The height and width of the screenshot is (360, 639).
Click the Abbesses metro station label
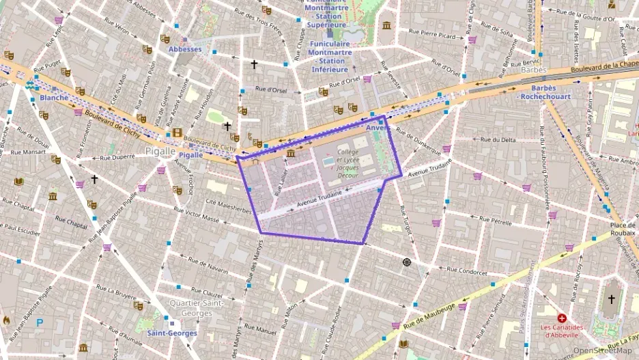click(x=185, y=49)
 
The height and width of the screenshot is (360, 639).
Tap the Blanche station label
click(x=54, y=98)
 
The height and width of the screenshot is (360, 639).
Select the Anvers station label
click(x=378, y=128)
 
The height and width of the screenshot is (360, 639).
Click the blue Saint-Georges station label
click(x=172, y=333)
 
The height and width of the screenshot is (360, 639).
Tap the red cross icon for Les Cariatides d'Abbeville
click(x=561, y=318)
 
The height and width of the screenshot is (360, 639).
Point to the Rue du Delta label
click(x=498, y=139)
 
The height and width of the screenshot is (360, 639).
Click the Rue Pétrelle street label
click(x=495, y=221)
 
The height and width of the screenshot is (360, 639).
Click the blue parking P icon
click(x=39, y=322)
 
